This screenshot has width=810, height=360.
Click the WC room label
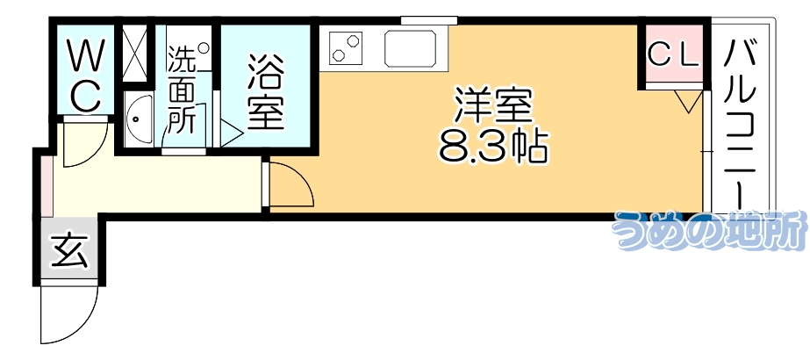(84, 77)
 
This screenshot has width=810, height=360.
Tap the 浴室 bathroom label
(265, 91)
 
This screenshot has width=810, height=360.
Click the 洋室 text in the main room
(492, 106)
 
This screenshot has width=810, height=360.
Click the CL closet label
(673, 55)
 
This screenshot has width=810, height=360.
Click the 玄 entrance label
(69, 252)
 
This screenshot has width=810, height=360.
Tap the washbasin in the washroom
(139, 120)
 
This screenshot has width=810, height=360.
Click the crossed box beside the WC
(137, 54)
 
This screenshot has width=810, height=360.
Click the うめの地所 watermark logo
(708, 231)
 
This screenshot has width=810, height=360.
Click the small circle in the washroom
(204, 50)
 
